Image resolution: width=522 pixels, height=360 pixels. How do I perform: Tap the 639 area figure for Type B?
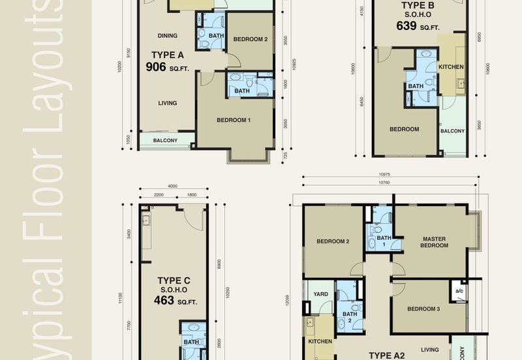[407, 27]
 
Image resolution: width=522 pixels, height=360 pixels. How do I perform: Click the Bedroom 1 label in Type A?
[233, 120]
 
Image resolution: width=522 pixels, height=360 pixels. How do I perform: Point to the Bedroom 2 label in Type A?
[251, 39]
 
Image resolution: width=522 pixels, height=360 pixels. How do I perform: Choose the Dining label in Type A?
[168, 36]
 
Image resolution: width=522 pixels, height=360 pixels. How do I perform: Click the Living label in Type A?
[168, 102]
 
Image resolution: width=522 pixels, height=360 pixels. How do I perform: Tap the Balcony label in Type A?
[165, 140]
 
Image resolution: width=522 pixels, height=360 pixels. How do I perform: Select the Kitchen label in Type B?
[451, 67]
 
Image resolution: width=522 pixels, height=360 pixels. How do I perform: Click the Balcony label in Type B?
[452, 130]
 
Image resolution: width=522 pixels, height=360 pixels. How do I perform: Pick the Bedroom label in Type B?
[404, 129]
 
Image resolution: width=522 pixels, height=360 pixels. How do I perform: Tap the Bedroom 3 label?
[424, 308]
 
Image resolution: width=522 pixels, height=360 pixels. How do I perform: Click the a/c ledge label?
[459, 290]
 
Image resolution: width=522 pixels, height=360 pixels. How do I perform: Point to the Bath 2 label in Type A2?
[350, 318]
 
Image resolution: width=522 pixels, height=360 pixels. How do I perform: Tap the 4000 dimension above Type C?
[172, 187]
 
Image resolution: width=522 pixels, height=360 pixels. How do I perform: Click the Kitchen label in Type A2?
[320, 341]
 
